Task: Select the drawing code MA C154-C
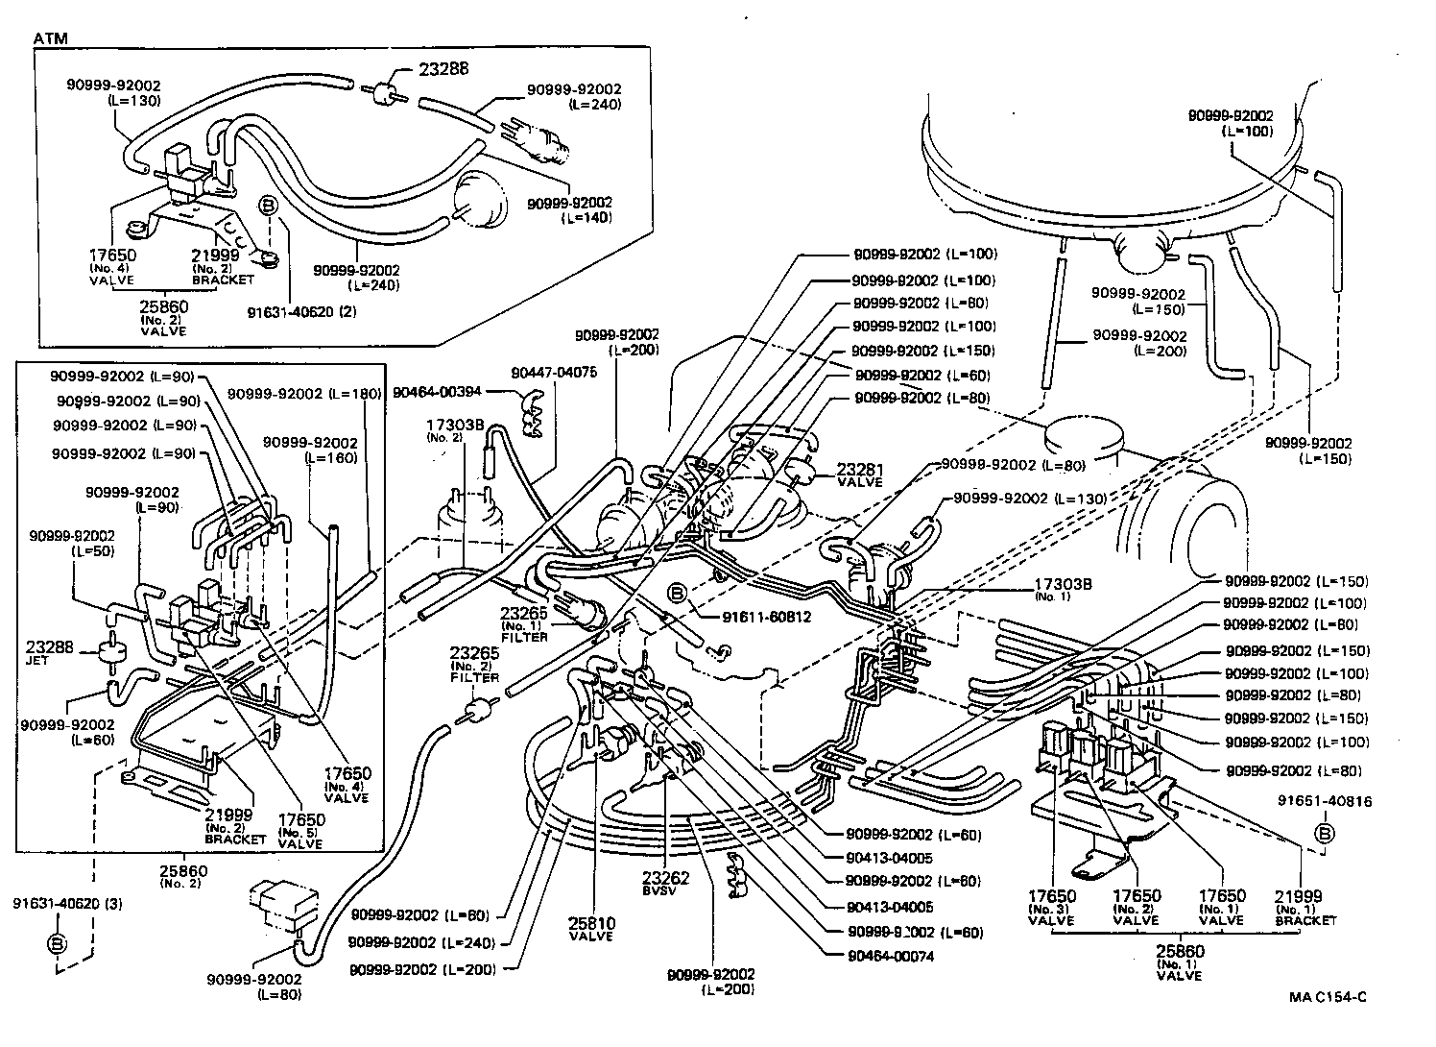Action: click(1328, 997)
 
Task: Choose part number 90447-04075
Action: click(554, 372)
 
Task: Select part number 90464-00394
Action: click(438, 392)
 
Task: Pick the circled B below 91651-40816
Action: click(1325, 833)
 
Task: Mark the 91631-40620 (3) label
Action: click(56, 904)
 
